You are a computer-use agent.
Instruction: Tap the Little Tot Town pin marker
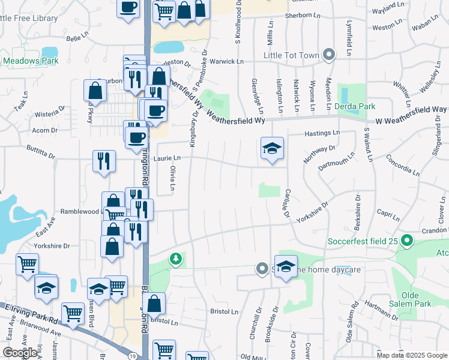tap(328, 55)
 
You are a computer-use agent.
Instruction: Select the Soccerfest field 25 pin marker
tap(407, 241)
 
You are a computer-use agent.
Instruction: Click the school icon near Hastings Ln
tap(272, 148)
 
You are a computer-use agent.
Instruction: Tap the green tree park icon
tap(175, 259)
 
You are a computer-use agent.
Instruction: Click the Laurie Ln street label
tap(167, 158)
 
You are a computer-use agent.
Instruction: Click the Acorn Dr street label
tap(45, 130)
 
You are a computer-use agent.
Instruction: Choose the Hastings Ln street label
tap(322, 133)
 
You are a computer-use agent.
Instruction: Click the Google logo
tap(20, 352)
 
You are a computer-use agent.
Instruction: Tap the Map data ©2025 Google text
tap(411, 355)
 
